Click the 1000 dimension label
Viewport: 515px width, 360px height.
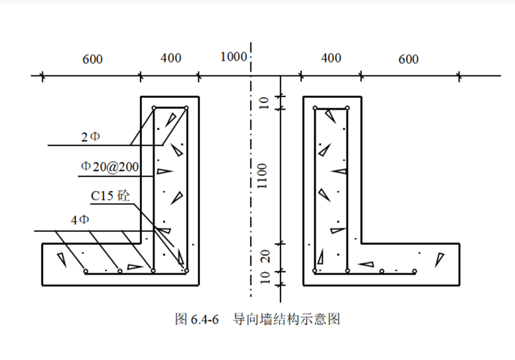pyautogui.click(x=232, y=56)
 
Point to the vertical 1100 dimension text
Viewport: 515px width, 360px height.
pyautogui.click(x=263, y=177)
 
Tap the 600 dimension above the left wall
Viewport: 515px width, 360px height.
pyautogui.click(x=92, y=59)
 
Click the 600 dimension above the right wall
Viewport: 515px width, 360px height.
pyautogui.click(x=408, y=59)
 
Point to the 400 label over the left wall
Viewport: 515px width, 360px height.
pyautogui.click(x=170, y=58)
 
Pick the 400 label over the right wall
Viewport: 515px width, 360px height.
pyautogui.click(x=331, y=58)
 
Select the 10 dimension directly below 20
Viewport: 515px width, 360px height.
pyautogui.click(x=263, y=277)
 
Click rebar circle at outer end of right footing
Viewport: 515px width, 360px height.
pyautogui.click(x=415, y=271)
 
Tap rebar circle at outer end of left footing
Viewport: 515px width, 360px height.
pyautogui.click(x=86, y=271)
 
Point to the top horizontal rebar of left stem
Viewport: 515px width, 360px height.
pyautogui.click(x=170, y=108)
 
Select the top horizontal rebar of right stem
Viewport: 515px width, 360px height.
pyautogui.click(x=331, y=108)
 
